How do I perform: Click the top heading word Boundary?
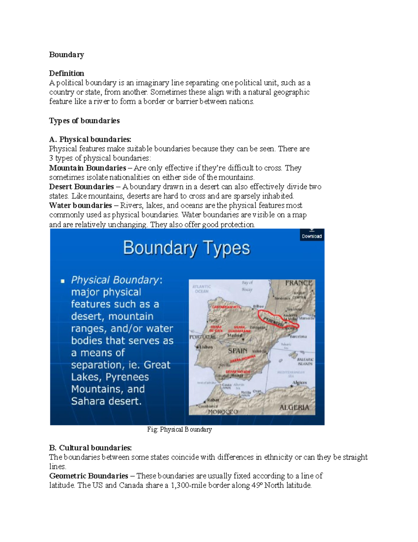tap(66, 54)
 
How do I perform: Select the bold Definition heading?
tap(66, 73)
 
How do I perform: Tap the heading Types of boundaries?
tap(84, 121)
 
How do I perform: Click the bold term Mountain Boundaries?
tap(87, 168)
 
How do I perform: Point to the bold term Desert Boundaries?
tap(82, 187)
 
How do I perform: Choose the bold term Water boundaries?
tap(80, 206)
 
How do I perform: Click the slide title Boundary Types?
tap(186, 248)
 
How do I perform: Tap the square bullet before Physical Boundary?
tap(63, 281)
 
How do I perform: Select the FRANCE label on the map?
tap(298, 283)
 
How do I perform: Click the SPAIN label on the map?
tap(238, 351)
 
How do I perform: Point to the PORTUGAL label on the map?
tap(202, 337)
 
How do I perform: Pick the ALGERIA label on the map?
tap(294, 408)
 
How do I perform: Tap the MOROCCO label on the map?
tap(223, 412)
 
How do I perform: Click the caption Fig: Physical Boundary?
tap(179, 430)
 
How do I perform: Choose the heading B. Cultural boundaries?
tap(91, 448)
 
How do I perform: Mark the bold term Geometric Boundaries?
tap(88, 476)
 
